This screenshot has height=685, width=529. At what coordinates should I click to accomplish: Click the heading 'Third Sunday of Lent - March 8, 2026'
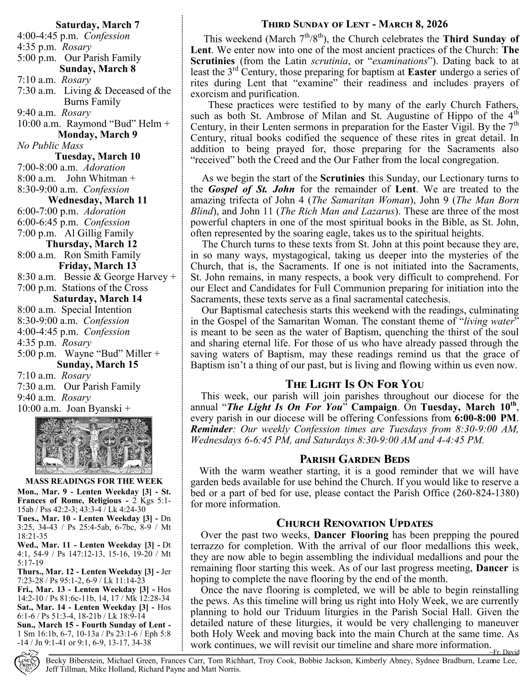[x=355, y=24]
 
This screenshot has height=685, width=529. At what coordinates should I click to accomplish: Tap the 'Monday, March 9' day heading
[x=97, y=134]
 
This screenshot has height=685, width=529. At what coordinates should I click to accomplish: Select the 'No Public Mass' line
[x=50, y=146]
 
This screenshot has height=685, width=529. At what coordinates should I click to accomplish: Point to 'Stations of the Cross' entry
[x=105, y=288]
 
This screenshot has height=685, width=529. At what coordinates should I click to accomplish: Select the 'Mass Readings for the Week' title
[x=94, y=481]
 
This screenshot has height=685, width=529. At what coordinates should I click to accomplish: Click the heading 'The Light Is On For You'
[x=355, y=384]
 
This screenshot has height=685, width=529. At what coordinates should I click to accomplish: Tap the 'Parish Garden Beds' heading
[x=355, y=459]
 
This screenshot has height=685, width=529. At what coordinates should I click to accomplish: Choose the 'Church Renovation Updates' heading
[x=355, y=523]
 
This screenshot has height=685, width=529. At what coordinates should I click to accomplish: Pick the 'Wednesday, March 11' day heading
[x=97, y=200]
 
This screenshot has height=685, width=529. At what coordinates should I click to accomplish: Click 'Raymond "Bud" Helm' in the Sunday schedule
[x=115, y=124]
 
